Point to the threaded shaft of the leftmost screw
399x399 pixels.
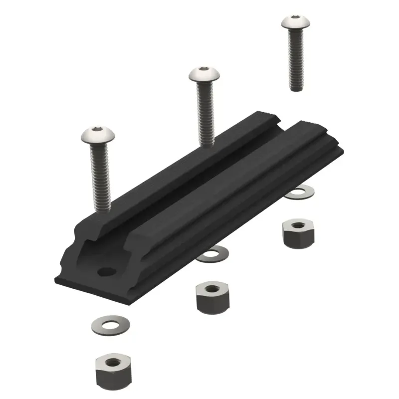click(99, 180)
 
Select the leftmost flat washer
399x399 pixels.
click(108, 325)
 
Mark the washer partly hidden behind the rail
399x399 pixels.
click(301, 192)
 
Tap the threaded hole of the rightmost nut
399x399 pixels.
click(298, 225)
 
